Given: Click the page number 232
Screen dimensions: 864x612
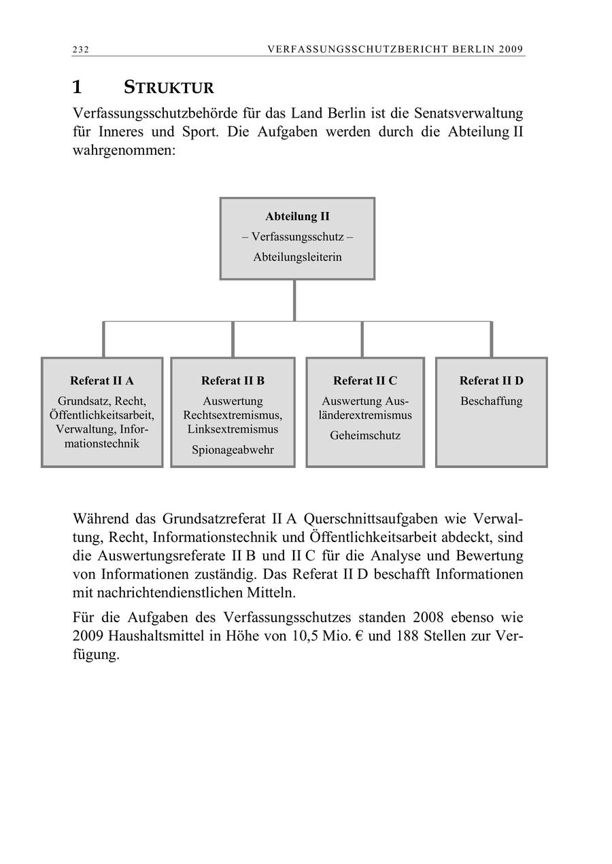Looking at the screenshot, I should tap(81, 50).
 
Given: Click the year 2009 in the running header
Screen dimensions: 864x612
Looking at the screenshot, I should tap(509, 50).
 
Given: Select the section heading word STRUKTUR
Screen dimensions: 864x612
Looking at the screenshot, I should tap(169, 88).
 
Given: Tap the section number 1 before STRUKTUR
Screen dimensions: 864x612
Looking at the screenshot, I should tap(78, 88).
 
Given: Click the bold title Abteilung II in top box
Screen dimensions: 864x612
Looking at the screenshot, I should tap(297, 217).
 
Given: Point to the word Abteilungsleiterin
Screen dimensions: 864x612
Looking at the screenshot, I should tap(297, 257).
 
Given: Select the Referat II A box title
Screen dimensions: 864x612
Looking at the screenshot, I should tap(102, 380).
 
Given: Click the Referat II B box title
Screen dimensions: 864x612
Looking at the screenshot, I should tap(233, 380).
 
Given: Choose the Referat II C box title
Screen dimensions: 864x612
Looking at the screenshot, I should tap(365, 380).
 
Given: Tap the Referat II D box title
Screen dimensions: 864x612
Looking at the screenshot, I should tap(491, 380).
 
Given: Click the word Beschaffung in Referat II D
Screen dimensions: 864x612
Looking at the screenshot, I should tap(491, 401).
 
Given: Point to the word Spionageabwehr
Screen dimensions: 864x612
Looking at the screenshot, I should tap(233, 450).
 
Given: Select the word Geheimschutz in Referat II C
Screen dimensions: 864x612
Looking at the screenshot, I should tap(365, 435).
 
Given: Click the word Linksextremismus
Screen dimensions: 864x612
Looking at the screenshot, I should tap(233, 429).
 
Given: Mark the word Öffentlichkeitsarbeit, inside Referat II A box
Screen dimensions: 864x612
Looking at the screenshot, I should tap(102, 415).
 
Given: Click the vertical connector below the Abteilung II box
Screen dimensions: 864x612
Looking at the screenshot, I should tap(294, 300).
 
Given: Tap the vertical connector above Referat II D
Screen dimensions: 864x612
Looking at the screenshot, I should tap(491, 339).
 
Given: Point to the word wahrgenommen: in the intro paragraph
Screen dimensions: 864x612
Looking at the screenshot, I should tap(124, 150).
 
